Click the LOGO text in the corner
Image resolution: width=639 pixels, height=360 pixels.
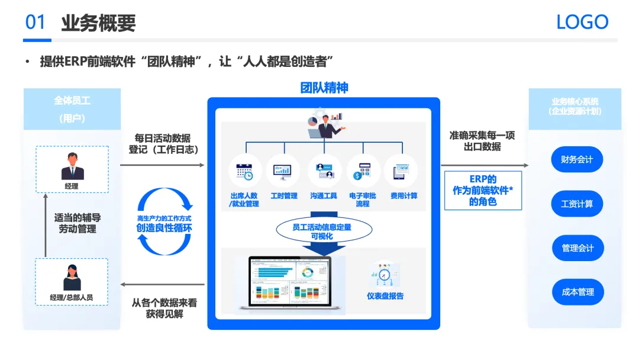pos(582,22)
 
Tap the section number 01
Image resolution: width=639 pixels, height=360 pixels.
pos(35,22)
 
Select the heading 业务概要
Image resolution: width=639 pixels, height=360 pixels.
pos(98,22)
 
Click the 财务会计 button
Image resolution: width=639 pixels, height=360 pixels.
pos(577,160)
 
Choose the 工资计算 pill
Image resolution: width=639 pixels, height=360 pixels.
pos(577,204)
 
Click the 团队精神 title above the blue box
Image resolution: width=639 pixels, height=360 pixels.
pos(324,88)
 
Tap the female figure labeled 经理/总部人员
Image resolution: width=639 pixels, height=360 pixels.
pos(72,277)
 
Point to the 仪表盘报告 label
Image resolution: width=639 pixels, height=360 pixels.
pos(385,295)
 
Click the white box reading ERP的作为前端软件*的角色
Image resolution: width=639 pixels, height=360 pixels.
pos(483,190)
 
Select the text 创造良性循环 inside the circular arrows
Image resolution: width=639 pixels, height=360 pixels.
pos(164,227)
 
